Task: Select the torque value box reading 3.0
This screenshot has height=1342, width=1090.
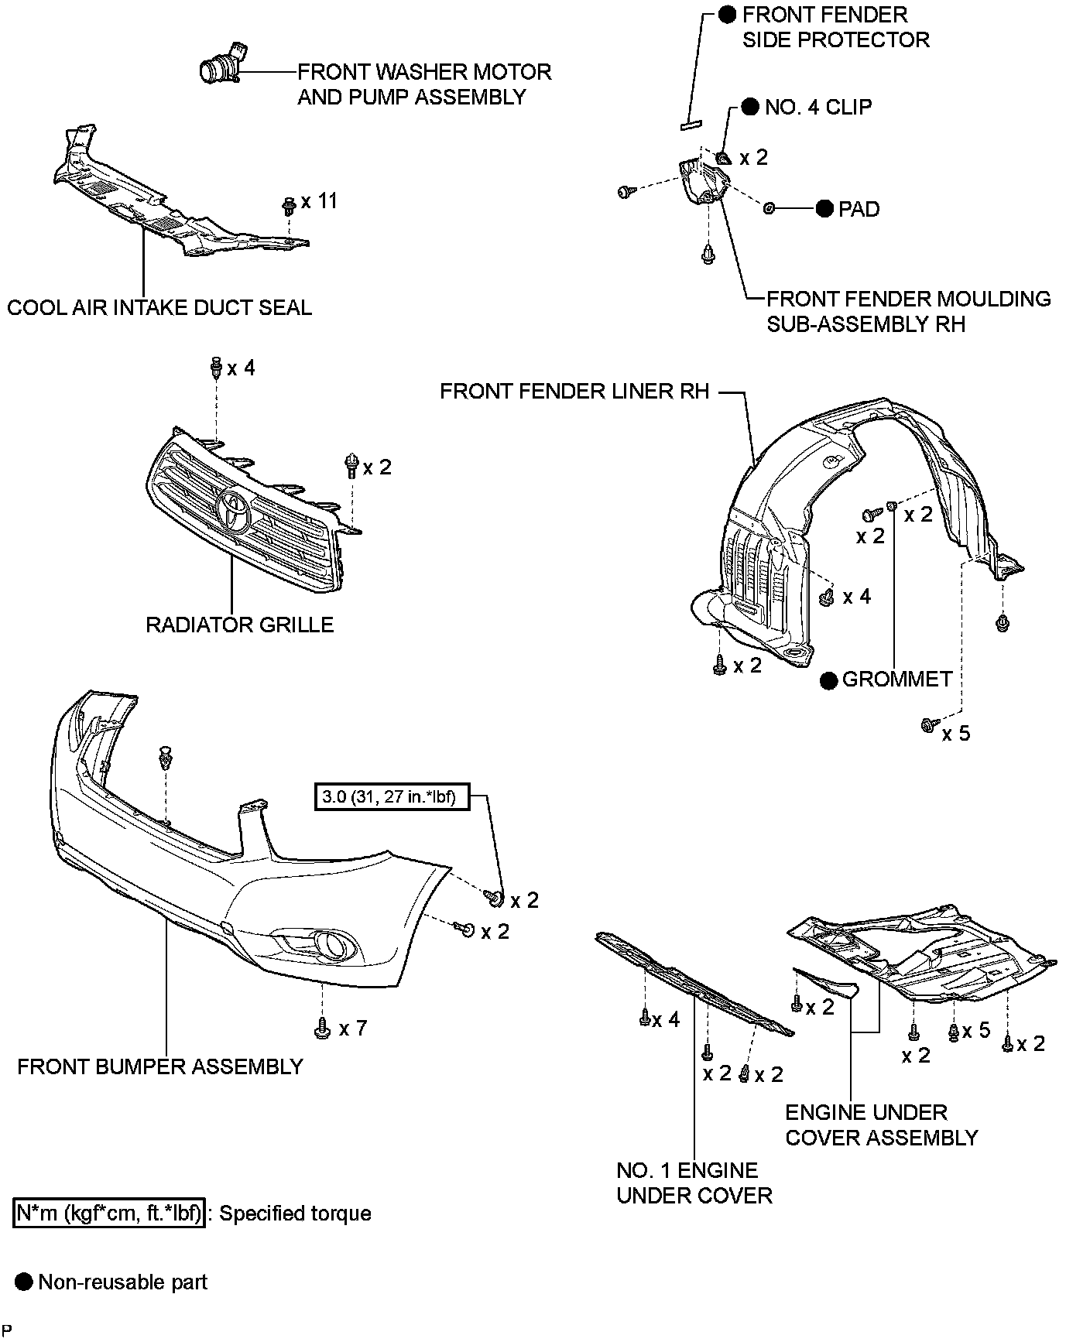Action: pyautogui.click(x=392, y=797)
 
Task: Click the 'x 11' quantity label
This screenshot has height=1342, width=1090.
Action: pyautogui.click(x=319, y=201)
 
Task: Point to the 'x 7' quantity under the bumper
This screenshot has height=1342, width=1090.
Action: pyautogui.click(x=352, y=1029)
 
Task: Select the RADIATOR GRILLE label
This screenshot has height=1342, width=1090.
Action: pyautogui.click(x=239, y=625)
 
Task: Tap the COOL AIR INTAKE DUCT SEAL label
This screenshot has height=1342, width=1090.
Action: pyautogui.click(x=159, y=308)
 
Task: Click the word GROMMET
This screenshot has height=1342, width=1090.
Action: pyautogui.click(x=897, y=680)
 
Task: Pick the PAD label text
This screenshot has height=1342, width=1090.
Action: pyautogui.click(x=859, y=210)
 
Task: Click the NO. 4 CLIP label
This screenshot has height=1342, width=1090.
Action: pyautogui.click(x=818, y=107)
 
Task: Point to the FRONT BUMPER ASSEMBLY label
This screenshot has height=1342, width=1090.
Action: pyautogui.click(x=160, y=1067)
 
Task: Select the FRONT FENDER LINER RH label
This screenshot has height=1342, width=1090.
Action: pyautogui.click(x=574, y=392)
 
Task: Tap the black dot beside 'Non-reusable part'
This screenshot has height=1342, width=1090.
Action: pyautogui.click(x=25, y=1282)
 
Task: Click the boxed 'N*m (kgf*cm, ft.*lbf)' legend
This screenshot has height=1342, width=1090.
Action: pyautogui.click(x=109, y=1213)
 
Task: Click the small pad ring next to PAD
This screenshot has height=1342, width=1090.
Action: pyautogui.click(x=770, y=208)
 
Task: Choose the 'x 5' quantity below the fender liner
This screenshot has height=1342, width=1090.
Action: pyautogui.click(x=955, y=733)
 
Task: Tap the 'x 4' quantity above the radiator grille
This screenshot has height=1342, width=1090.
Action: pyautogui.click(x=241, y=368)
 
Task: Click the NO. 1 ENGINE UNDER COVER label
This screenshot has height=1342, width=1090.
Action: pyautogui.click(x=694, y=1183)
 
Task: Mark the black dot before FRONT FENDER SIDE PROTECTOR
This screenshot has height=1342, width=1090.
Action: pyautogui.click(x=727, y=14)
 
